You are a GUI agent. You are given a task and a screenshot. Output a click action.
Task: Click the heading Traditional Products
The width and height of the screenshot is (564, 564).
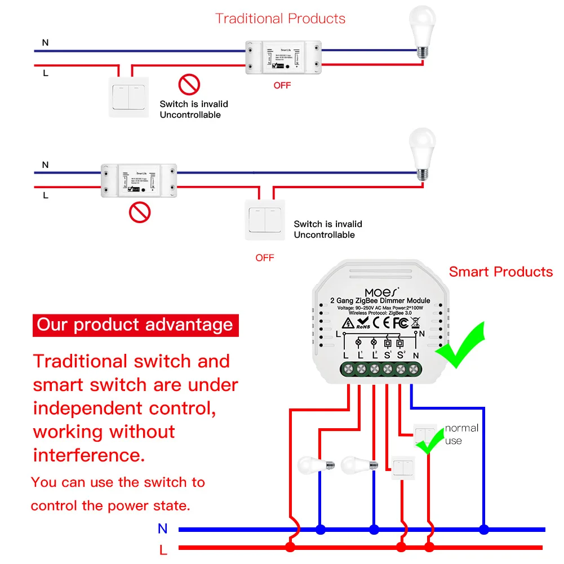[280, 19]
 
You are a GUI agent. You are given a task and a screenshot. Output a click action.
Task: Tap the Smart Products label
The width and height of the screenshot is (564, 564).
[500, 272]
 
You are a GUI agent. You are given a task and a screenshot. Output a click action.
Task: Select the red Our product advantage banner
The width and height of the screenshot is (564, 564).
[135, 325]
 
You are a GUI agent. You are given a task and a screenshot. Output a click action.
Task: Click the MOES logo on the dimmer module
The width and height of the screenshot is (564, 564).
[381, 292]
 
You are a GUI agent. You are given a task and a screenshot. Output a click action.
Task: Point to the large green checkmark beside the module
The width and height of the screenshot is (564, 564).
[462, 345]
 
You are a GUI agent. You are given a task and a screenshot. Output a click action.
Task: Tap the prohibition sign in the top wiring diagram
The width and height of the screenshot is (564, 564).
[189, 85]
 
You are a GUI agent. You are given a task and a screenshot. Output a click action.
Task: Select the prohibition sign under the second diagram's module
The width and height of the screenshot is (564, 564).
[140, 213]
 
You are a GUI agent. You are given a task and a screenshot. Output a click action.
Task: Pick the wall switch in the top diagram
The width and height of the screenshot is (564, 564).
[128, 97]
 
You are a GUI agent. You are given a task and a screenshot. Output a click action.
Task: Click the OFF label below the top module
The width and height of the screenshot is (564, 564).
[282, 86]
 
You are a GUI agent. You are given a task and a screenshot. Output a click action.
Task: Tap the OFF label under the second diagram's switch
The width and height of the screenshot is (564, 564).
[264, 257]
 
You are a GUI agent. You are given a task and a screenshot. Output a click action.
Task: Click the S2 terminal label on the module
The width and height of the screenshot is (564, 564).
[401, 356]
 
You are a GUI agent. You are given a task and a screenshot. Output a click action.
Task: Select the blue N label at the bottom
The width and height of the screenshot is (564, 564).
[163, 529]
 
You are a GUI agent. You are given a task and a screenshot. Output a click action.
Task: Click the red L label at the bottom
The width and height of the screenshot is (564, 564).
[163, 549]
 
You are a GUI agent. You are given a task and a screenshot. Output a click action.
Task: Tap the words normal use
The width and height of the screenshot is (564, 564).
[461, 434]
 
